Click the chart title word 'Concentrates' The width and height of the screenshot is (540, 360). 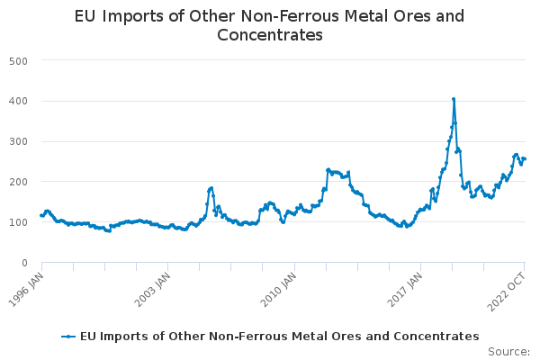coord(270,36)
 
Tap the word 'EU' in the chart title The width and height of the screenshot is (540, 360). coord(86,16)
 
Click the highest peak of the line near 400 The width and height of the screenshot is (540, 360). coord(454,99)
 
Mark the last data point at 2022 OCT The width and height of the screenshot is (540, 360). coord(525,159)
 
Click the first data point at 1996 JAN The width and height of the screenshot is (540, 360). coord(41,215)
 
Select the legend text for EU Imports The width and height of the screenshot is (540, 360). coord(279,336)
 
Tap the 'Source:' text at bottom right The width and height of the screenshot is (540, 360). coord(508,352)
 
